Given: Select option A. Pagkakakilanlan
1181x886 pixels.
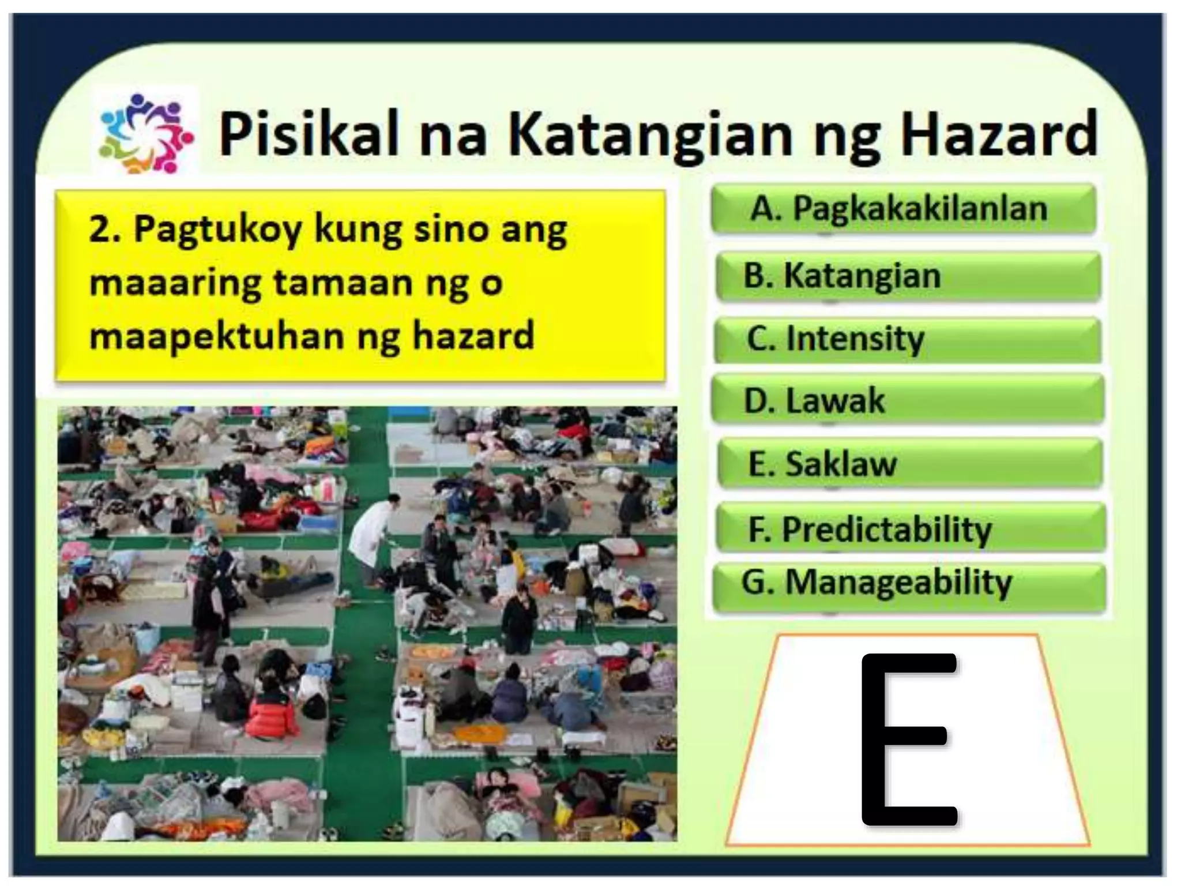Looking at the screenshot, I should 902,208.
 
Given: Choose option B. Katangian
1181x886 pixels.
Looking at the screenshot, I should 908,276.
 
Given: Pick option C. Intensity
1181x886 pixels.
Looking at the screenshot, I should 907,339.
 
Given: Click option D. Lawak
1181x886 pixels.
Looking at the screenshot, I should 907,400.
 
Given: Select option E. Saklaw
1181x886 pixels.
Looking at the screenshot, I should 909,463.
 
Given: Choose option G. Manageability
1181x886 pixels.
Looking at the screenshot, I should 909,583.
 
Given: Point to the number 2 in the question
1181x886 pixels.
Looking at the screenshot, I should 99,230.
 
